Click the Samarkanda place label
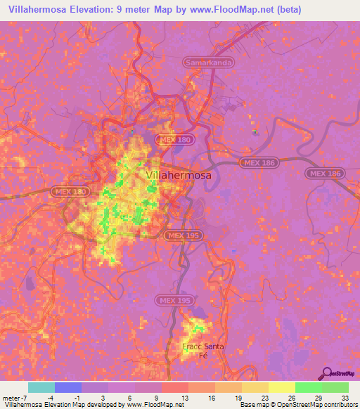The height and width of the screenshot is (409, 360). (209, 63)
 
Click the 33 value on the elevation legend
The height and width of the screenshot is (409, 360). (345, 397)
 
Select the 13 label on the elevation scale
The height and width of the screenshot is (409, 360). (184, 397)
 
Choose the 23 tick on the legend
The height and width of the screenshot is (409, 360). (264, 397)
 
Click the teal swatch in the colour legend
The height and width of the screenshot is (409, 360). (41, 387)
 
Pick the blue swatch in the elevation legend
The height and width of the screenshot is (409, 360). (68, 387)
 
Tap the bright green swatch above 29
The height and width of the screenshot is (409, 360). (308, 387)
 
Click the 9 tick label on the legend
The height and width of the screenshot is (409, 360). (157, 397)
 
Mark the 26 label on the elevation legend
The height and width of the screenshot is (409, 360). (291, 397)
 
